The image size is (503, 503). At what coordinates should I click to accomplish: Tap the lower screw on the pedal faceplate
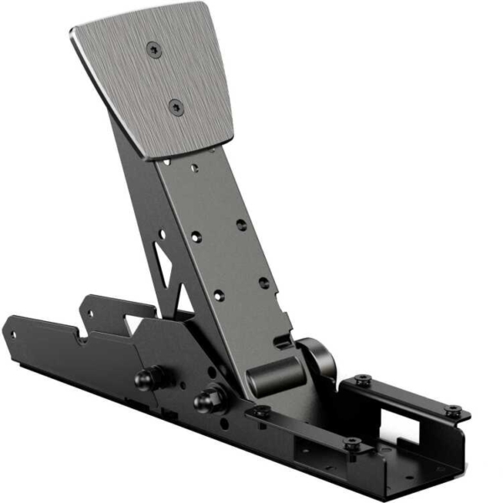coord(175,106)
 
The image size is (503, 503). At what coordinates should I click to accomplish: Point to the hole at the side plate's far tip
coord(14,333)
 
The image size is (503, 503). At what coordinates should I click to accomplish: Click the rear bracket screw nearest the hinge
coord(361,380)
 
